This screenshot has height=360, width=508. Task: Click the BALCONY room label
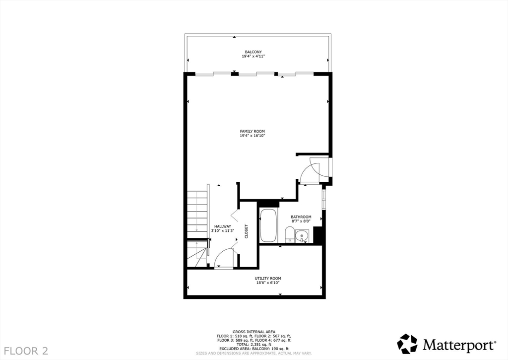pos(253,52)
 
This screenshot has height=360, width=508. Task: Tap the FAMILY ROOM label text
pos(253,131)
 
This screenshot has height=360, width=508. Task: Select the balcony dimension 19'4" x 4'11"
pos(253,56)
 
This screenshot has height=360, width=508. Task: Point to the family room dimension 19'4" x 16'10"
pos(253,136)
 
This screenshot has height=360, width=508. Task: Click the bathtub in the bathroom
pos(268,226)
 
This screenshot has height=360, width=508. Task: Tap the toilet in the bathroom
pos(290,234)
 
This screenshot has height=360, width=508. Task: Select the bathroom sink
pos(302,236)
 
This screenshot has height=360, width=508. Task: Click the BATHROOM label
pos(301,217)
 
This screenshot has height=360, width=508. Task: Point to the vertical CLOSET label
pos(246,231)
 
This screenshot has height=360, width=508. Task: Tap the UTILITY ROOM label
pos(268,278)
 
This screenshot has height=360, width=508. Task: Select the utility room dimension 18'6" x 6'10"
pos(268,283)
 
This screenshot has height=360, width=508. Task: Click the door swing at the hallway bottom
pos(224,258)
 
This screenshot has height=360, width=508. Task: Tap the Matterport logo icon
pos(407,344)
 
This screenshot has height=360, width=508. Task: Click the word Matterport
pos(458,344)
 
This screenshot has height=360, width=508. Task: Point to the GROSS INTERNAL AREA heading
pos(254,332)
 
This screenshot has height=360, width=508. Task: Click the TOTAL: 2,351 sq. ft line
pos(254,344)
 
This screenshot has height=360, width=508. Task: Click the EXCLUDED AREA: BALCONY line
pos(254,349)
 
